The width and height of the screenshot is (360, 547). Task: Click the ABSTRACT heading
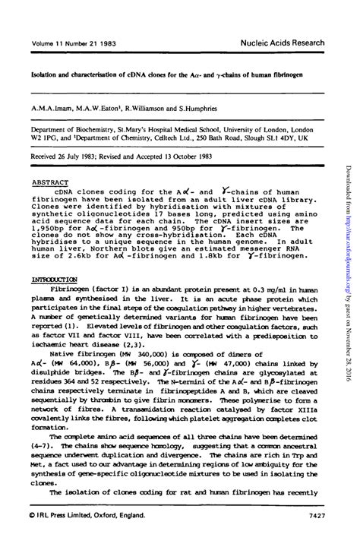(x=50, y=182)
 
